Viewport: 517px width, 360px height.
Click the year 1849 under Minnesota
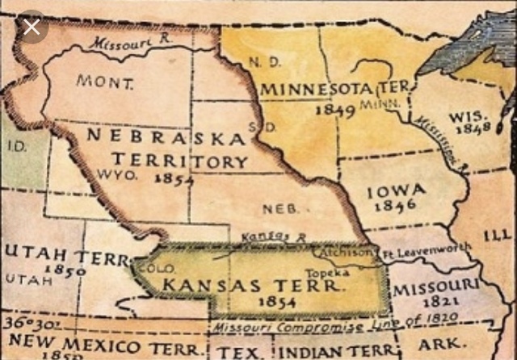click(334, 109)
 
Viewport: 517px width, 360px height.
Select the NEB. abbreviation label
click(280, 208)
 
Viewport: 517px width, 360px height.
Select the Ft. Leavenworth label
click(426, 250)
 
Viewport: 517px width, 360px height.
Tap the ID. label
click(16, 147)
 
